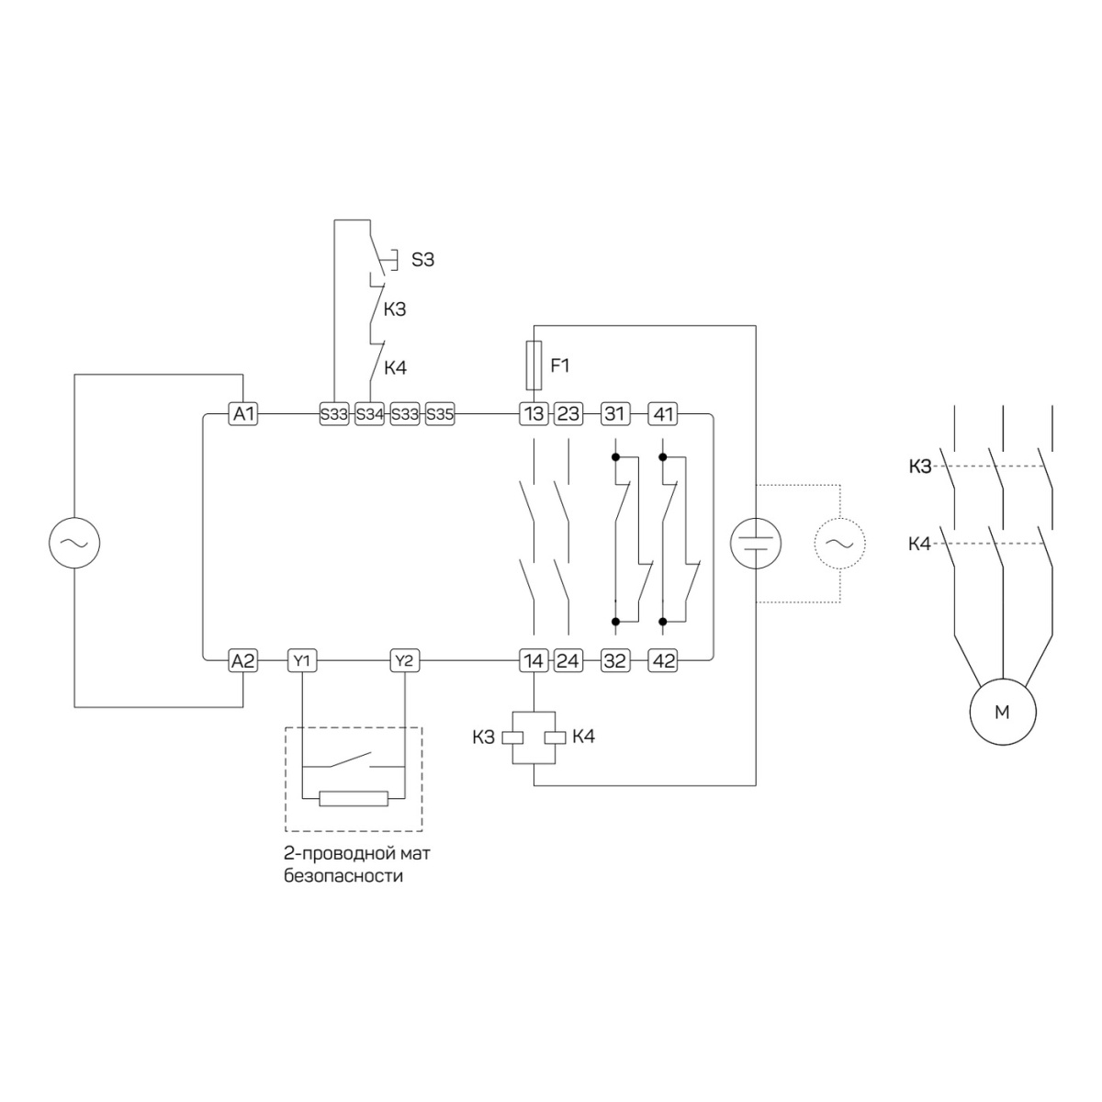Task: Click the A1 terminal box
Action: click(x=243, y=413)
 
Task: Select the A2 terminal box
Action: click(x=243, y=661)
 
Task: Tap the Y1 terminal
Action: click(x=302, y=661)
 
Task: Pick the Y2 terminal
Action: click(x=404, y=661)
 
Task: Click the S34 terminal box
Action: click(x=369, y=413)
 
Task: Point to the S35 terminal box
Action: click(x=440, y=413)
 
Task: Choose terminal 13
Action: click(x=534, y=413)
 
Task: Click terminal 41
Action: click(x=663, y=413)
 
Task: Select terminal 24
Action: click(x=568, y=661)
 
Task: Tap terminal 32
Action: click(x=614, y=661)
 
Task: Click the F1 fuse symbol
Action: click(x=534, y=365)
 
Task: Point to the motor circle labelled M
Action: click(x=1003, y=712)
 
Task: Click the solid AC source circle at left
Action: click(x=74, y=543)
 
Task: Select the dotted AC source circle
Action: click(x=840, y=544)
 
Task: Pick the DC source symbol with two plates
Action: click(x=756, y=544)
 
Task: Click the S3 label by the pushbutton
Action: click(x=422, y=260)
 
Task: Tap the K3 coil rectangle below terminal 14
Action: click(x=512, y=737)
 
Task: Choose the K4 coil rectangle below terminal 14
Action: click(x=556, y=737)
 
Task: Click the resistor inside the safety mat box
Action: click(x=354, y=798)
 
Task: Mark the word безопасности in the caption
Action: click(x=343, y=876)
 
